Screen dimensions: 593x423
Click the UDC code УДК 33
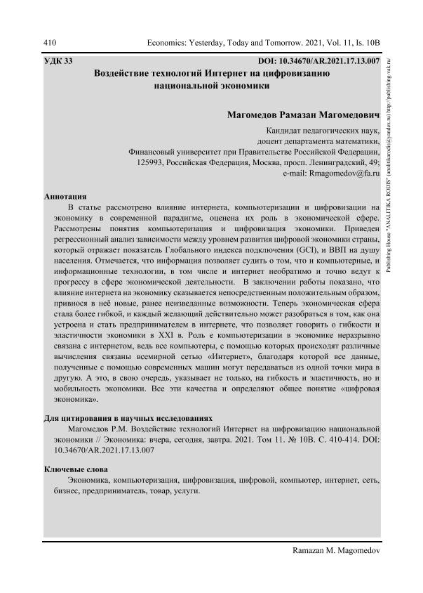coord(58,61)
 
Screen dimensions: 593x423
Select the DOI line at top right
coord(320,61)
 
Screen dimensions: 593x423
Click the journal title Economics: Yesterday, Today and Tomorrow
coord(239,43)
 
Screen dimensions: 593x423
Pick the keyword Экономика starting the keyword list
coord(89,480)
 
